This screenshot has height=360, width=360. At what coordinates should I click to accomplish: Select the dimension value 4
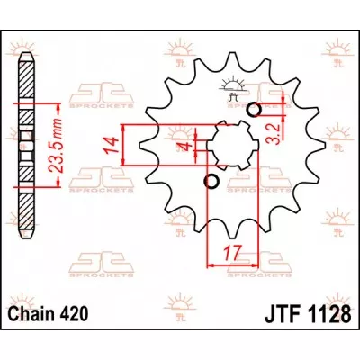183,147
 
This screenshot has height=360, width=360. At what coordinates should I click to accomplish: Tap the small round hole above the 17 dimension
212,183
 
